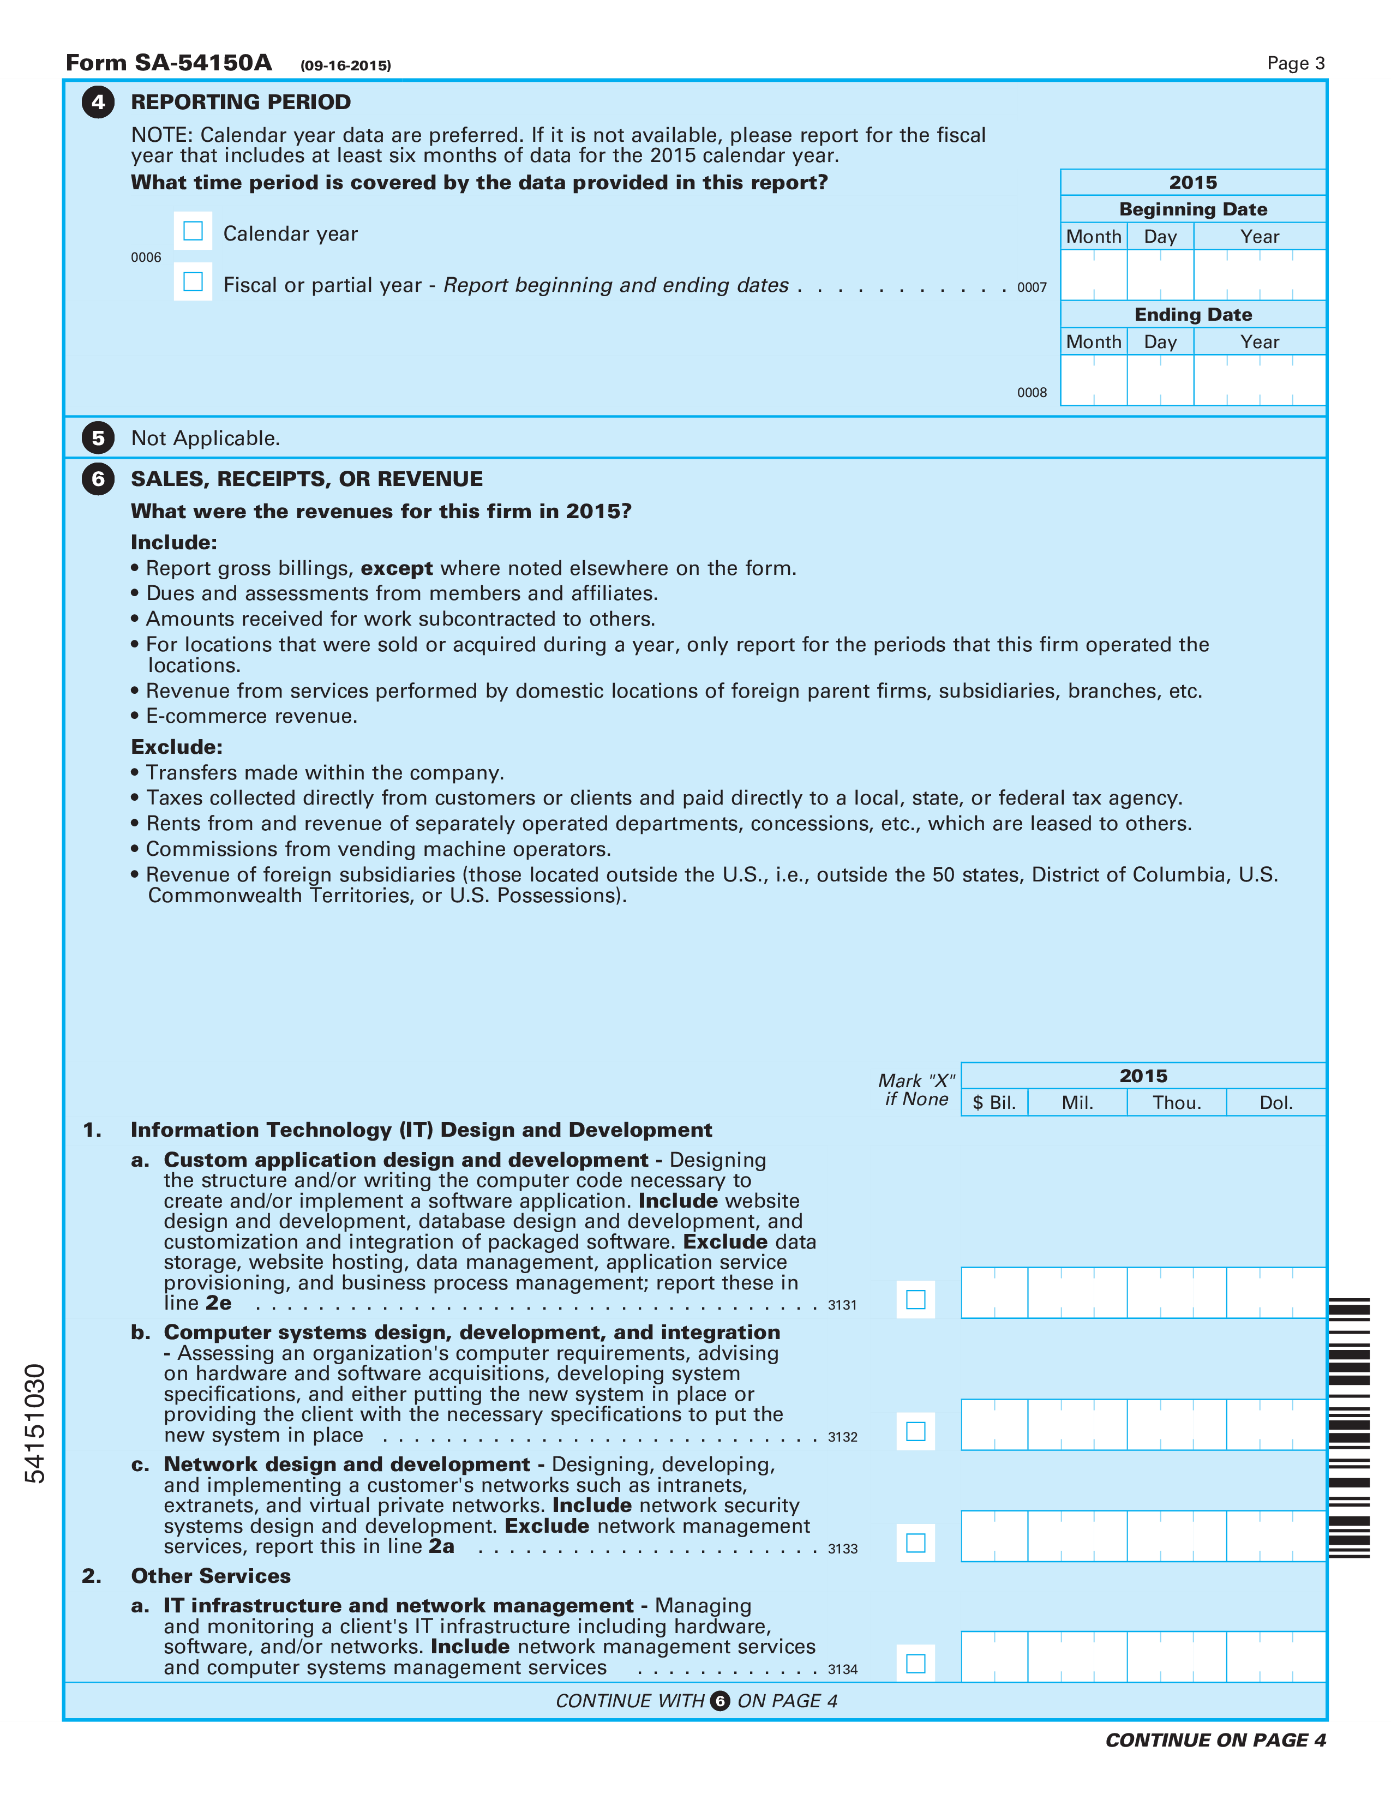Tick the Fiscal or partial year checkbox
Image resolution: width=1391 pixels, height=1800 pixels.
coord(193,282)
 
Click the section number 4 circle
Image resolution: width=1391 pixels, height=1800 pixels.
coord(98,102)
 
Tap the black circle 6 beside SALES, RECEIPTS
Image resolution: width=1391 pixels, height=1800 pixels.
coord(98,479)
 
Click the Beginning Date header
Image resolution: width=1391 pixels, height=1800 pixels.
coord(1192,209)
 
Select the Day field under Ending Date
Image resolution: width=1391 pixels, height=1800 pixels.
coord(1160,380)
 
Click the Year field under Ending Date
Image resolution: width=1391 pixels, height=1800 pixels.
coord(1259,380)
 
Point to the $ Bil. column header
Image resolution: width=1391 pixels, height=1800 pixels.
coord(994,1103)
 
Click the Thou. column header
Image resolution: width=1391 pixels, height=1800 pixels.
coord(1176,1103)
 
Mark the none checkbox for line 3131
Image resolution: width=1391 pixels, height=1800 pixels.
coord(915,1300)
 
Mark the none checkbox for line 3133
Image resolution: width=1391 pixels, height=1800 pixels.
coord(915,1543)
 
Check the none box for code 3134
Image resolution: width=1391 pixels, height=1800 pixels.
coord(915,1663)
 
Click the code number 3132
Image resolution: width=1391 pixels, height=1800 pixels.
coord(842,1437)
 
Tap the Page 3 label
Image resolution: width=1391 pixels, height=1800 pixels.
coord(1296,63)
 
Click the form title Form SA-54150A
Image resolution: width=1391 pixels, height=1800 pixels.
coord(169,63)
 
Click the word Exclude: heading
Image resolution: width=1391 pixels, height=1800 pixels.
coord(176,747)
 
